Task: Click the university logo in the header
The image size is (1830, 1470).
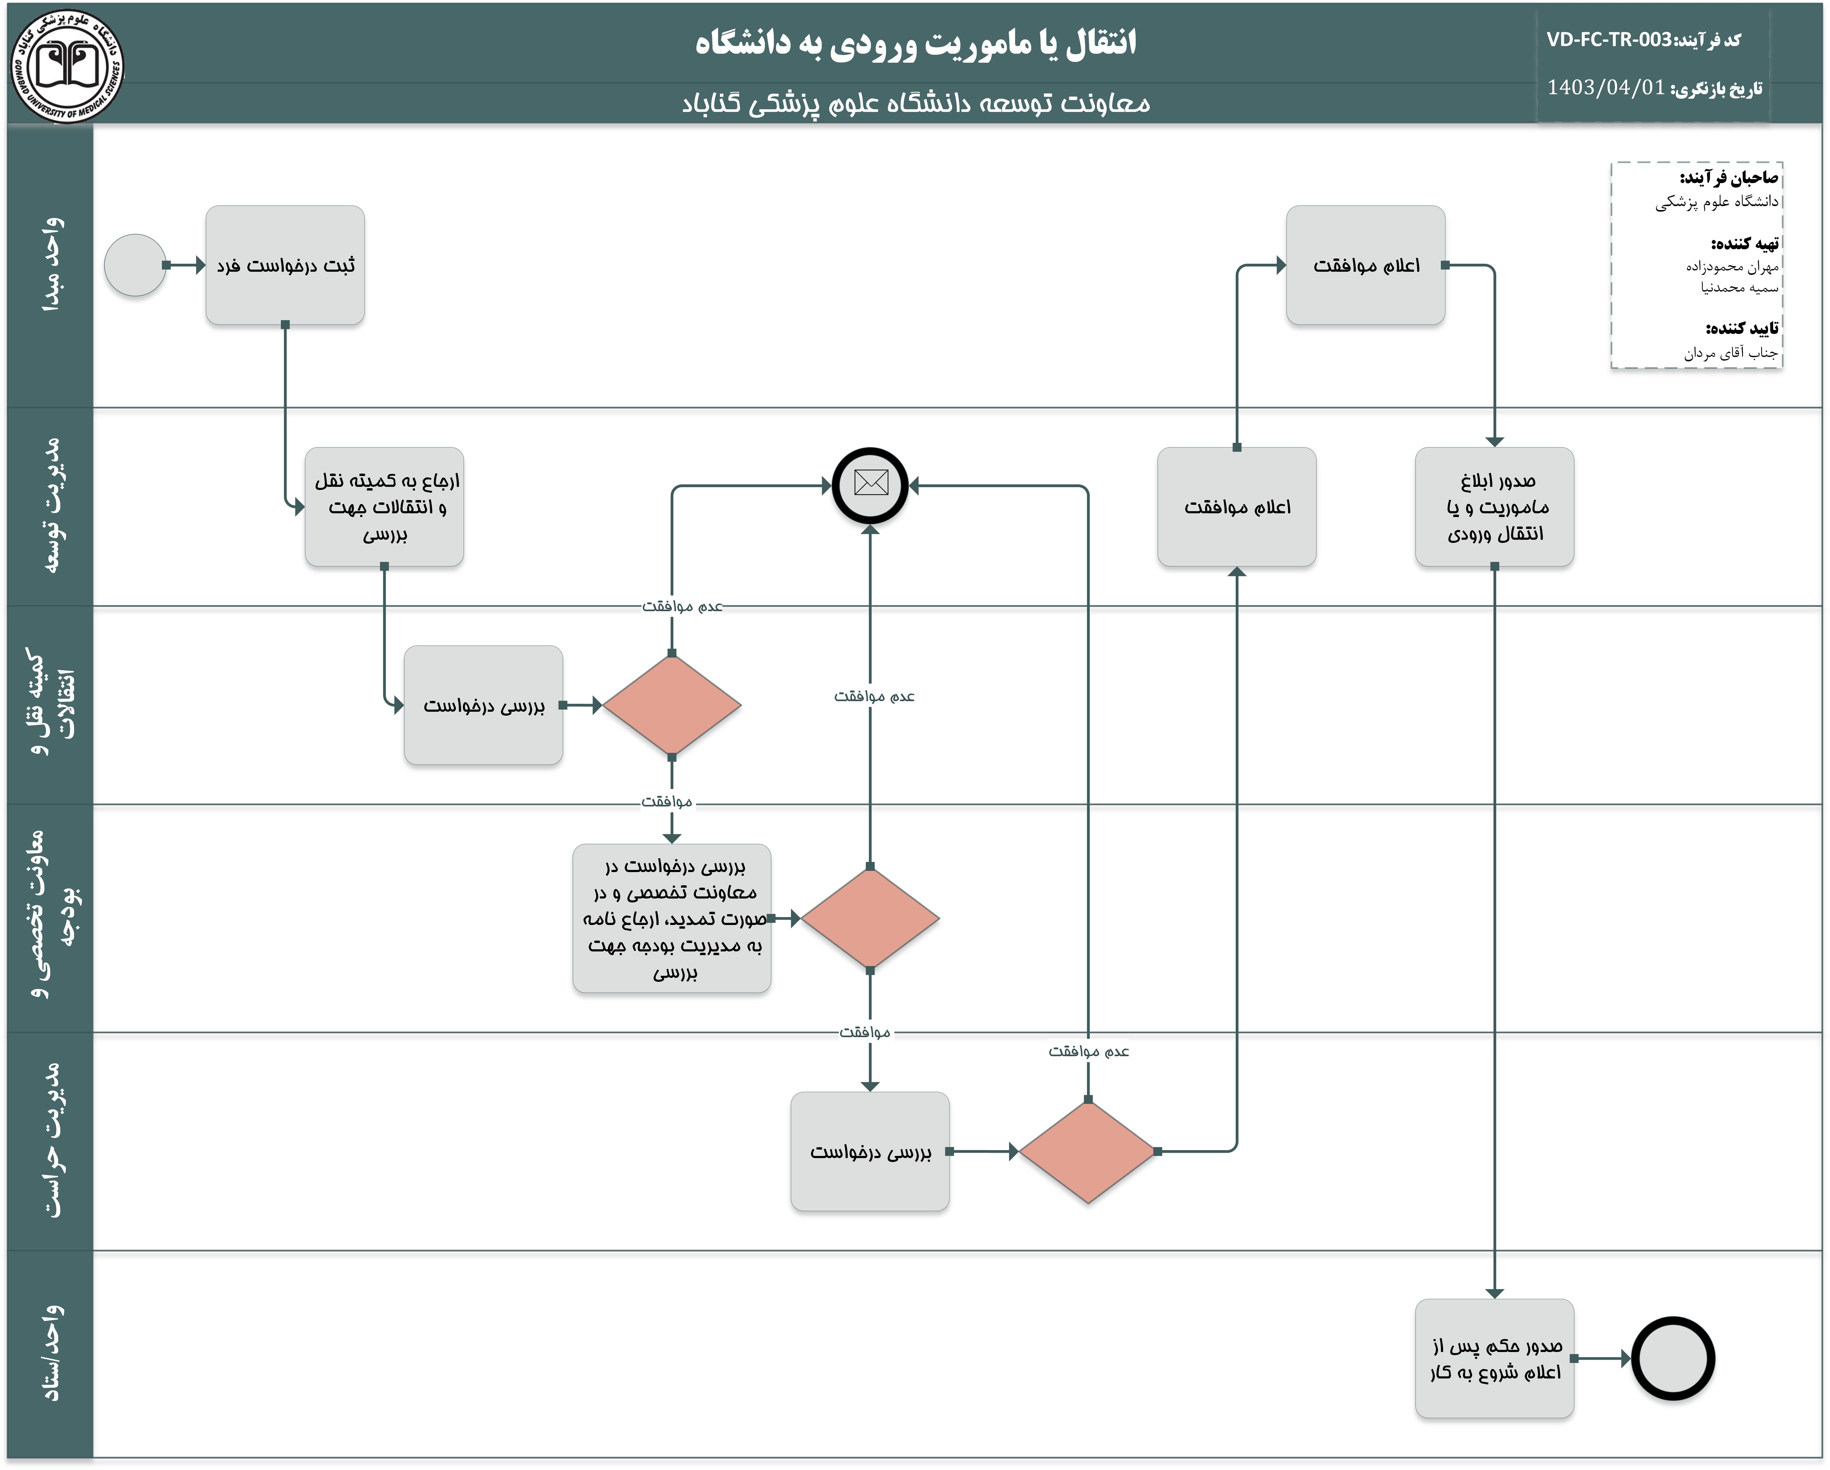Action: point(67,66)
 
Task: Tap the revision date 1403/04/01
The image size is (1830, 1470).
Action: point(1605,88)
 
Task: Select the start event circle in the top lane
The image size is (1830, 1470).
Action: point(135,265)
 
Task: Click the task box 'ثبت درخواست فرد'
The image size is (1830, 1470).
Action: point(285,265)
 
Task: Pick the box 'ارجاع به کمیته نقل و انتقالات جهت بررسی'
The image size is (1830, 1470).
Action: point(385,507)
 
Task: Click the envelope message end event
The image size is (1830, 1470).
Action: point(870,485)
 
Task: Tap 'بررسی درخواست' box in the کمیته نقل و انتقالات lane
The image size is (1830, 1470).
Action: point(483,705)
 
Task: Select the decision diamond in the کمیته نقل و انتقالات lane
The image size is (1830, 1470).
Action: point(671,705)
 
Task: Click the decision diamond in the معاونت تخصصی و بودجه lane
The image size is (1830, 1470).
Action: point(870,918)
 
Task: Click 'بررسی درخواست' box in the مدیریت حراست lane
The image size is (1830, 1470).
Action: point(870,1151)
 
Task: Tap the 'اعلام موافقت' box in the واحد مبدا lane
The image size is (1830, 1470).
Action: point(1366,265)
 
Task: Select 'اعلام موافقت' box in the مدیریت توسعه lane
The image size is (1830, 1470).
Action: point(1237,507)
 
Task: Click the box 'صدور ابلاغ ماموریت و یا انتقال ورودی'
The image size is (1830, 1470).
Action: point(1495,507)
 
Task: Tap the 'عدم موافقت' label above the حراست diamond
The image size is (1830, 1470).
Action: point(1088,1051)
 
